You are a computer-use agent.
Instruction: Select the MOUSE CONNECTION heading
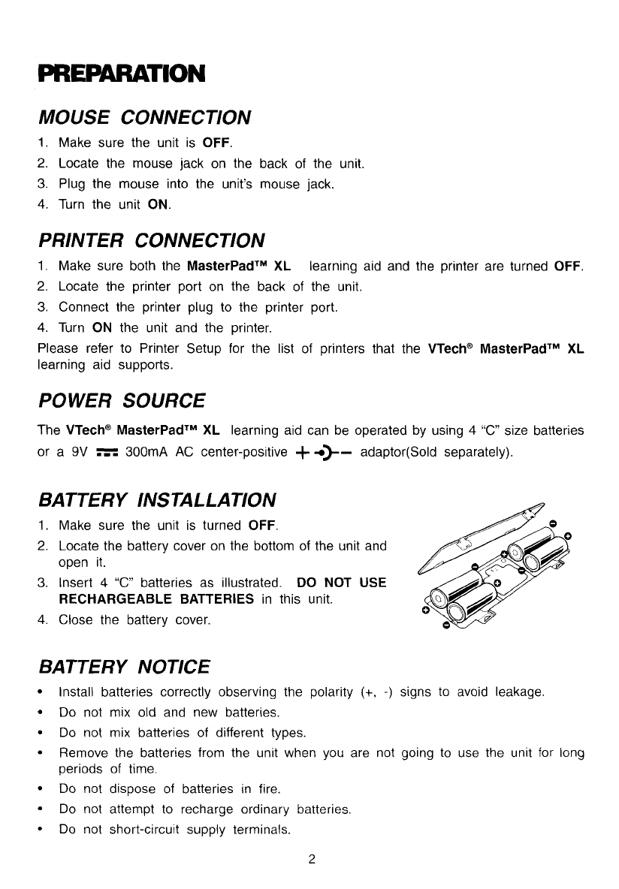click(x=144, y=117)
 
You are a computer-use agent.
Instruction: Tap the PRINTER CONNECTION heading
click(x=151, y=240)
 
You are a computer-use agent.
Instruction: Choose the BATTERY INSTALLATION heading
click(x=156, y=499)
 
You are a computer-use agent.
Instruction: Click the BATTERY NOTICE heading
click(x=124, y=666)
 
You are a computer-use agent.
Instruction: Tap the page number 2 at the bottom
click(x=309, y=860)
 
